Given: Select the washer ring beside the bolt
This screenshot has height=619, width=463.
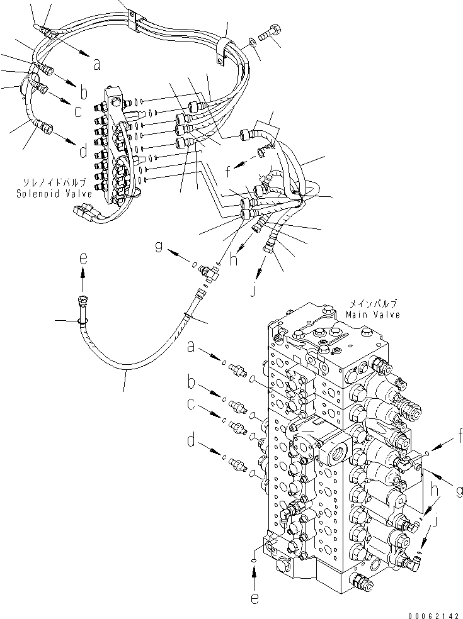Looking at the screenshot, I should click(x=251, y=41).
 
